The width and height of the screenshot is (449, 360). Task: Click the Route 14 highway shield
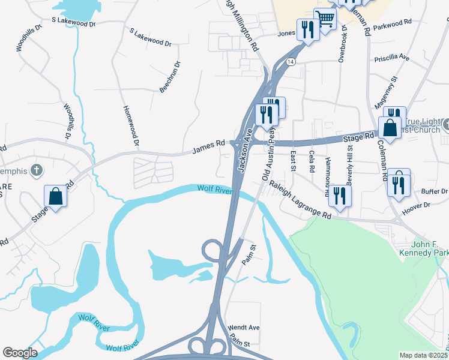click(x=291, y=62)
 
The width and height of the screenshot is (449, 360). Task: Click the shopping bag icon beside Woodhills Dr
click(x=55, y=196)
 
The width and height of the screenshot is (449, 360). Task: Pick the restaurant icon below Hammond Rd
click(x=340, y=196)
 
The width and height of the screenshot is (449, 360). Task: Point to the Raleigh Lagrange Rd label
click(x=300, y=200)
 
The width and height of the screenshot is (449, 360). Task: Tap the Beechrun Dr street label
click(x=170, y=76)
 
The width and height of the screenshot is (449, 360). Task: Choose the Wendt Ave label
click(x=244, y=328)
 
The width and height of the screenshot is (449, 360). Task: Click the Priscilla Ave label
click(x=391, y=58)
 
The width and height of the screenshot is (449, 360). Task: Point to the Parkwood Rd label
click(x=392, y=23)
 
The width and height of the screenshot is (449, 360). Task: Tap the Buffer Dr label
click(x=435, y=191)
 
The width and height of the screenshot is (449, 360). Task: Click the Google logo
click(x=20, y=353)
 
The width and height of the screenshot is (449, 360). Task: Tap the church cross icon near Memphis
click(x=37, y=171)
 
